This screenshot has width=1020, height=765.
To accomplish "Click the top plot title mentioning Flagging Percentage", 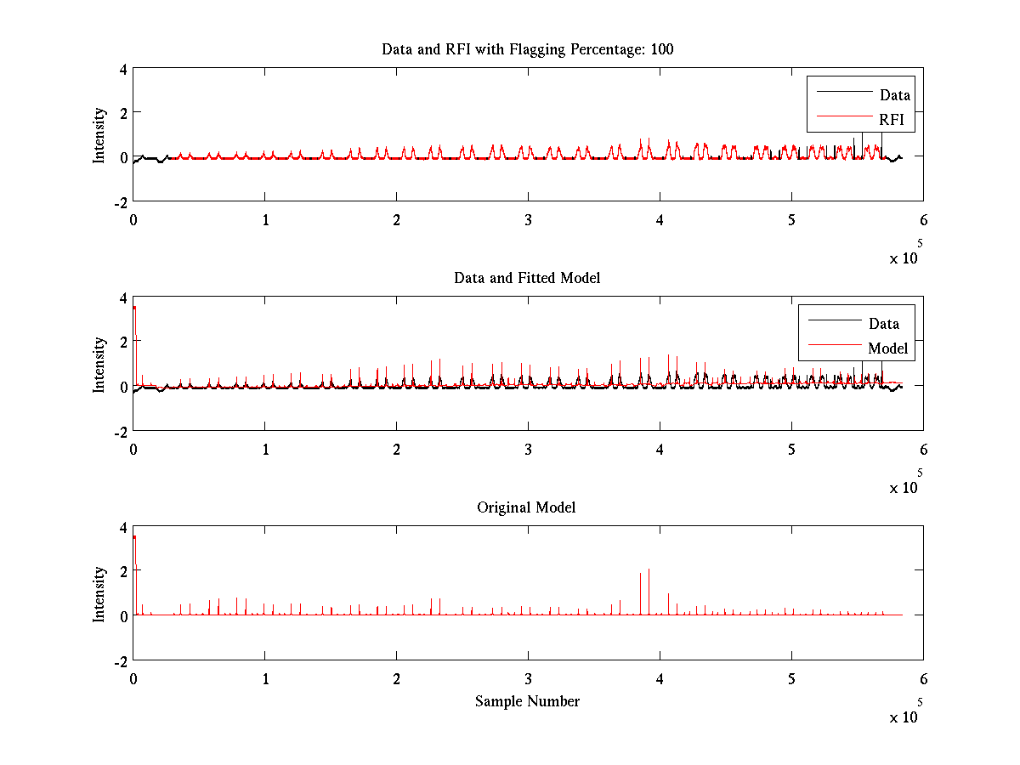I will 527,49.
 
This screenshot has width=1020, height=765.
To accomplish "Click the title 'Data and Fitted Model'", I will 527,278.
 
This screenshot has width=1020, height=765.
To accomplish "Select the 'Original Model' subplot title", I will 526,507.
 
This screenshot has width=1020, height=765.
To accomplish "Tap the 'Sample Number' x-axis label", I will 527,701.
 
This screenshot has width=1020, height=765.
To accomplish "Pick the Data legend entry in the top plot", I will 894,95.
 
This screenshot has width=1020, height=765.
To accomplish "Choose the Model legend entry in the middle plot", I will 887,348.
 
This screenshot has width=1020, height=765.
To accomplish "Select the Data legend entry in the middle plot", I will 883,323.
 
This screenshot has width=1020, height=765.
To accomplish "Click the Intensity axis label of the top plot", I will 100,134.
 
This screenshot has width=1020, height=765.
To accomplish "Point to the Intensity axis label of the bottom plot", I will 100,593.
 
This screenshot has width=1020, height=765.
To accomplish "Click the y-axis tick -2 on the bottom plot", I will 122,661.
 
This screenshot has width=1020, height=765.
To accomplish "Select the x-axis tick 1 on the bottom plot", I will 264,678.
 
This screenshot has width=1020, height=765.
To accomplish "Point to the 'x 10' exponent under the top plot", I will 904,258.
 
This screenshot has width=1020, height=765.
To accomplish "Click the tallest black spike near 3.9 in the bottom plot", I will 649,571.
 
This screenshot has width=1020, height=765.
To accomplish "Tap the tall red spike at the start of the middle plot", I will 134,309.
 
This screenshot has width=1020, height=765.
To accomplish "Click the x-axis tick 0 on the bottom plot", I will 133,678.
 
